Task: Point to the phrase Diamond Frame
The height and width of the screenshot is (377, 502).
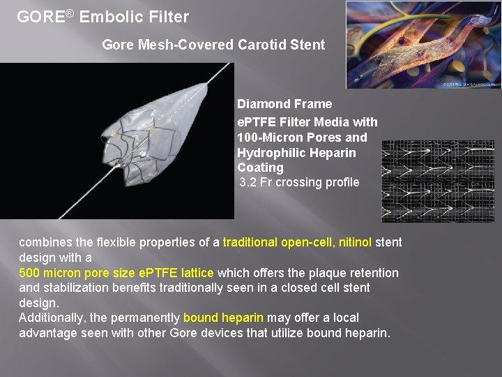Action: [x=284, y=104]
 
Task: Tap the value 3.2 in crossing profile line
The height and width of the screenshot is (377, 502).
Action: [x=248, y=182]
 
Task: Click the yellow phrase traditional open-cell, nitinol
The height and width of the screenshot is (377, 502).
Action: [x=297, y=243]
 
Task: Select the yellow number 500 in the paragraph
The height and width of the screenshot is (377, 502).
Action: [x=29, y=273]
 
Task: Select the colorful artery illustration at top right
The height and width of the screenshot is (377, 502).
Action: [x=423, y=44]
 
